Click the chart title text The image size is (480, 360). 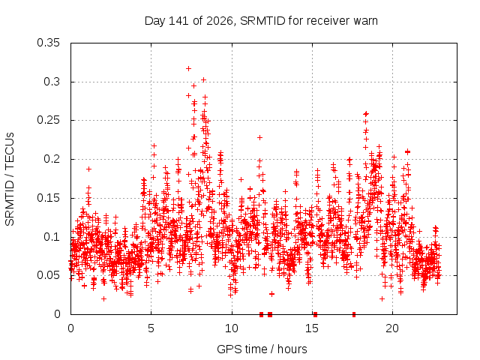point(261,21)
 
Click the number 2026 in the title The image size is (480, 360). point(220,21)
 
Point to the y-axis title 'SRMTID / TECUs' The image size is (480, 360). point(10,179)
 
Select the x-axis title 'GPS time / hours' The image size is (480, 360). point(262,349)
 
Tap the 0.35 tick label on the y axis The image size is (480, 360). point(48,43)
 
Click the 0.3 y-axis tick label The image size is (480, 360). point(52,82)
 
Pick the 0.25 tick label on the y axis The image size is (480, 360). point(48,120)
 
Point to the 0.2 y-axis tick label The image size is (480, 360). point(52,159)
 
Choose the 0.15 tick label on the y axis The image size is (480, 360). point(48,198)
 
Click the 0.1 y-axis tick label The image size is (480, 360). point(52,237)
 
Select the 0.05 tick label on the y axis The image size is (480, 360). point(48,275)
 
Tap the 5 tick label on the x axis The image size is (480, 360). point(151,328)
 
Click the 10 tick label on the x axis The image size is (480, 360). point(232,328)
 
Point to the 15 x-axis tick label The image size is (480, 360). point(312,328)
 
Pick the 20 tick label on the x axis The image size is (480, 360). point(392,328)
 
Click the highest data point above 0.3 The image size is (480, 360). point(188,68)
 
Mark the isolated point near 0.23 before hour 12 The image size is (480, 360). point(259,137)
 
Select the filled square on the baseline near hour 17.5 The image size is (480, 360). point(354,314)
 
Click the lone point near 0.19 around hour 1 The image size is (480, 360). point(88,169)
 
